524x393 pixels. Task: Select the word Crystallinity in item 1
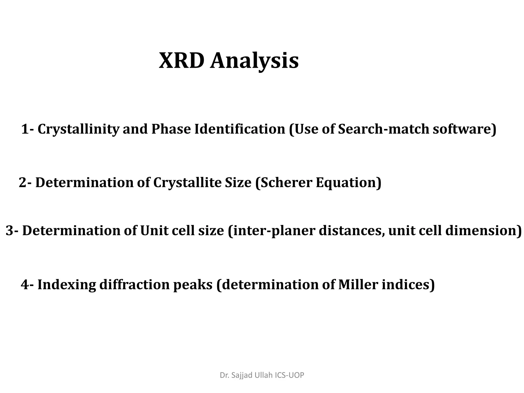pyautogui.click(x=78, y=129)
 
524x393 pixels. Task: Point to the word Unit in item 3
pyautogui.click(x=154, y=231)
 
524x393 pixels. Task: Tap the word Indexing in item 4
pyautogui.click(x=67, y=285)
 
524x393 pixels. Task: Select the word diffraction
pyautogui.click(x=134, y=284)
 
